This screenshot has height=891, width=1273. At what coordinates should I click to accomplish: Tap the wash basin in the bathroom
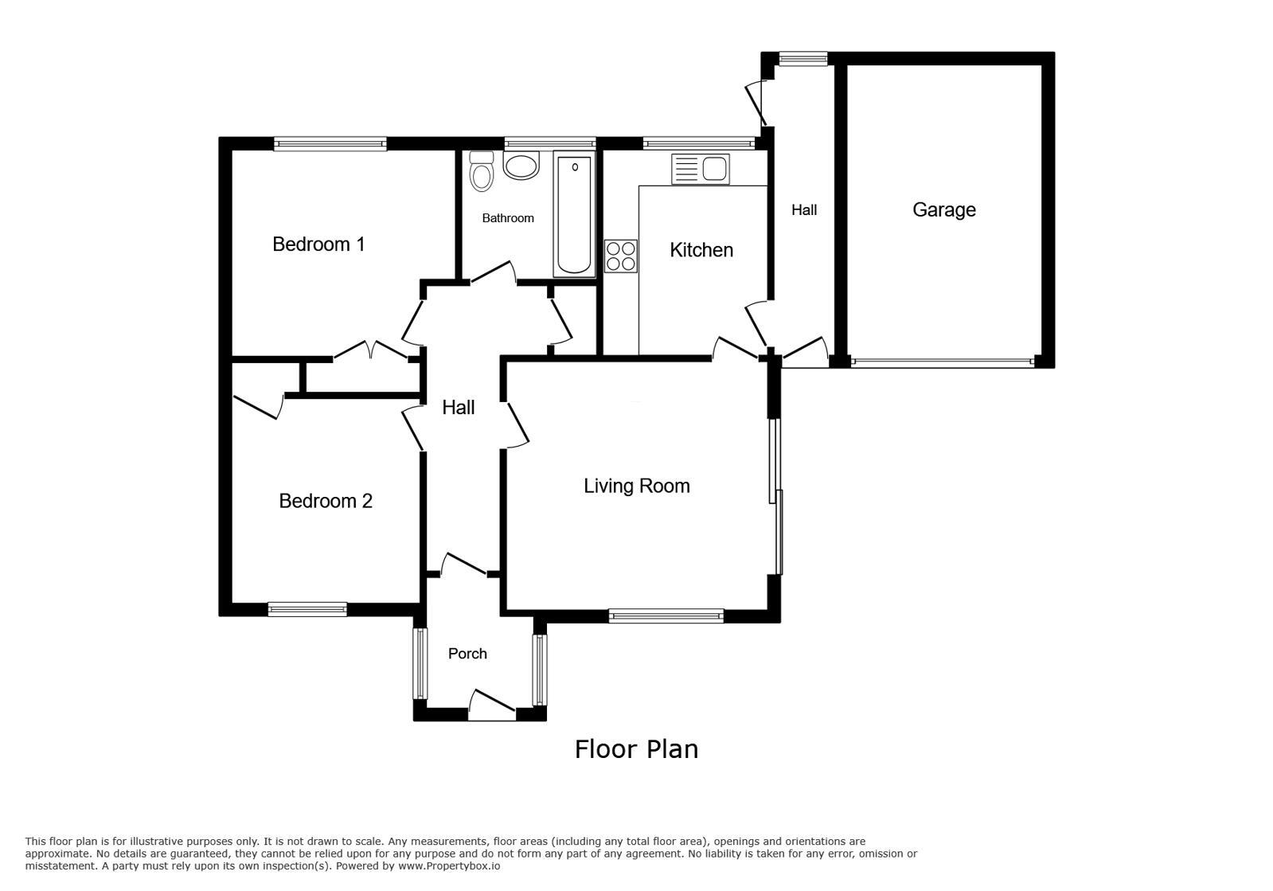coord(521,166)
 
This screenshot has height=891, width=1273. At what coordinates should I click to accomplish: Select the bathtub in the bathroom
coord(574,214)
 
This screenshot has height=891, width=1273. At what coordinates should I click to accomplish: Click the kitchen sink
coord(701,169)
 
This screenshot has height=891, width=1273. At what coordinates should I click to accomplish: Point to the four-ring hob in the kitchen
coord(621,256)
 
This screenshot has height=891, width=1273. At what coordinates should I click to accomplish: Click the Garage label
coord(943,209)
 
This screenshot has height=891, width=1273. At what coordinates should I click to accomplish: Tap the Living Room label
coord(636,486)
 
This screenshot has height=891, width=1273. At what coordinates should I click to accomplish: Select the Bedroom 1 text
coord(318,244)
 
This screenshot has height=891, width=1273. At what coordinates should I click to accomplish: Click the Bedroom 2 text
coord(326,501)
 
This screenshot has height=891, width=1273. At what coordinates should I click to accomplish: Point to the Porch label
coord(467,654)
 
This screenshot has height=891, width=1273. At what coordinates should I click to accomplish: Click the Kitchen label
coord(701,250)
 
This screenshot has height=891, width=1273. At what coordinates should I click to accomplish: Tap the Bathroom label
coord(508,218)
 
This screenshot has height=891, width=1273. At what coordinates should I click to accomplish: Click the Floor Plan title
coord(636,749)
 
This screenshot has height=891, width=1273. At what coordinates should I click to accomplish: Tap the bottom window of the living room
coord(666,615)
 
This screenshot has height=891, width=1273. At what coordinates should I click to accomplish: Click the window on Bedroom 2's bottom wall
coord(307,609)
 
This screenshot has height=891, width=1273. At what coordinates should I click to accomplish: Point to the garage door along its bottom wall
coord(943,361)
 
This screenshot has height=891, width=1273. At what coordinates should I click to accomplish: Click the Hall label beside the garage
coord(804,210)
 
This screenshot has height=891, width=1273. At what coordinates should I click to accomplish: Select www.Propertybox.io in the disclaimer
coord(449,866)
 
